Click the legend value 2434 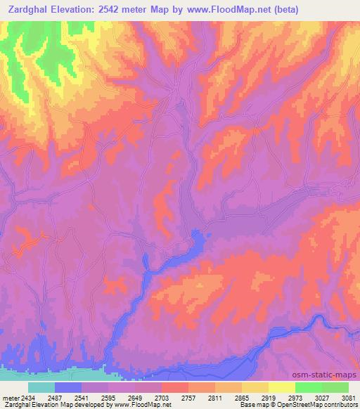pyautogui.click(x=27, y=398)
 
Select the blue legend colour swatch pyautogui.click(x=68, y=387)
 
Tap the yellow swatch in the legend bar pyautogui.click(x=281, y=387)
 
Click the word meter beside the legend pyautogui.click(x=10, y=398)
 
